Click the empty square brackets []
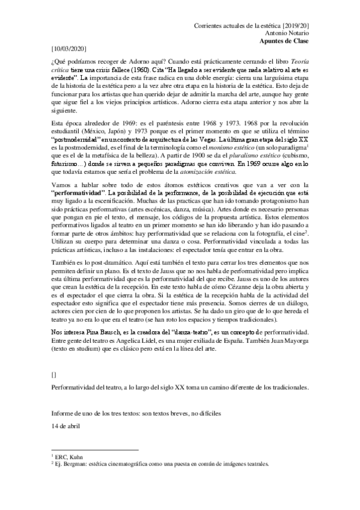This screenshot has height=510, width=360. (55, 373)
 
